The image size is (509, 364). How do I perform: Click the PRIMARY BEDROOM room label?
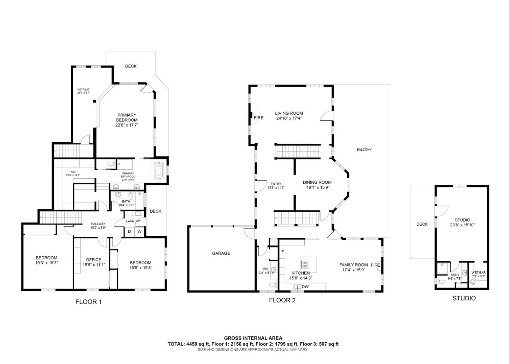pyautogui.click(x=127, y=117)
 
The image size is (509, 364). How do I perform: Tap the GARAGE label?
pyautogui.click(x=221, y=253)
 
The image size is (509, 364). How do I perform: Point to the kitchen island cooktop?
pyautogui.click(x=304, y=264)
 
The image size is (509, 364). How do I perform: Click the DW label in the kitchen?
pyautogui.click(x=305, y=287)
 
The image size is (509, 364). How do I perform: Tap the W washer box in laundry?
pyautogui.click(x=140, y=232)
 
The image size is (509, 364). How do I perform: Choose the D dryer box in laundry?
pyautogui.click(x=129, y=232)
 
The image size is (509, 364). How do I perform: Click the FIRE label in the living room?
pyautogui.click(x=259, y=118)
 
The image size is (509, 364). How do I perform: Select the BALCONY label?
pyautogui.click(x=364, y=150)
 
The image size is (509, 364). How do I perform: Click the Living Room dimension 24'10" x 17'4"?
pyautogui.click(x=289, y=119)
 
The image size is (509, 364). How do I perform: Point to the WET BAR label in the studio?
pyautogui.click(x=478, y=273)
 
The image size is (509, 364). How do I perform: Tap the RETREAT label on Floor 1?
pyautogui.click(x=83, y=89)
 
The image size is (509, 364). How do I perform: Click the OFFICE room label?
pyautogui.click(x=93, y=260)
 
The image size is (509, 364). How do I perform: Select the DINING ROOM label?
pyautogui.click(x=317, y=183)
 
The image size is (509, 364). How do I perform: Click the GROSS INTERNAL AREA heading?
pyautogui.click(x=253, y=338)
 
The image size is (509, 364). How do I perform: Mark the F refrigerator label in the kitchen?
pyautogui.click(x=282, y=252)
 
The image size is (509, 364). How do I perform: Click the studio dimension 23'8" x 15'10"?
pyautogui.click(x=462, y=225)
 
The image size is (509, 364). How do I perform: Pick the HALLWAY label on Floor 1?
pyautogui.click(x=98, y=224)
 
